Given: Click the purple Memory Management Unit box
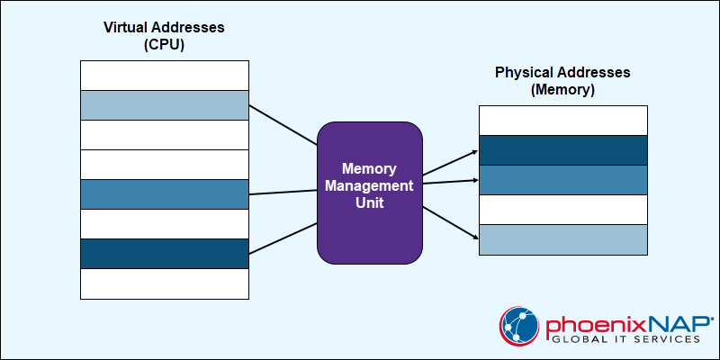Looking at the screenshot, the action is [370, 193].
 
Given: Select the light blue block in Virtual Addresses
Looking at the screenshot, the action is [165, 105].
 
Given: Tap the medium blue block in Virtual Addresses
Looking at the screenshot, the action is [165, 194].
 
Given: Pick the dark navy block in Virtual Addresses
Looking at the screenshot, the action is [165, 254].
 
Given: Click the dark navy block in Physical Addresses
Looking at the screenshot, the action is [563, 150].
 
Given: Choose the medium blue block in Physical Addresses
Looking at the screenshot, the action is [563, 180].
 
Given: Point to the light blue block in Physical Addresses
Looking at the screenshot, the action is [563, 239].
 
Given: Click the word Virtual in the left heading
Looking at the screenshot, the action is [121, 27].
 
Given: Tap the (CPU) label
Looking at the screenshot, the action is [164, 45].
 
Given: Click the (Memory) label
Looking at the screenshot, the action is [562, 90].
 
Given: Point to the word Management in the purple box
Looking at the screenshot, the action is [370, 186].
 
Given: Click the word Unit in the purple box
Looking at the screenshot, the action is [370, 203].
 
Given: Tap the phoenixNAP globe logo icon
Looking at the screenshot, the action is [519, 326].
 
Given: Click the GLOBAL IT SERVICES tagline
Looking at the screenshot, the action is [625, 339].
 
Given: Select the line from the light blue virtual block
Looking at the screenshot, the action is [283, 125].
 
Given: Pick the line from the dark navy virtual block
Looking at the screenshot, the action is [283, 238].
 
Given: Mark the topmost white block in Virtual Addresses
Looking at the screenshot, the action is [165, 76].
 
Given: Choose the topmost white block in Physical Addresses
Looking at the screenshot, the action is [563, 121].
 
